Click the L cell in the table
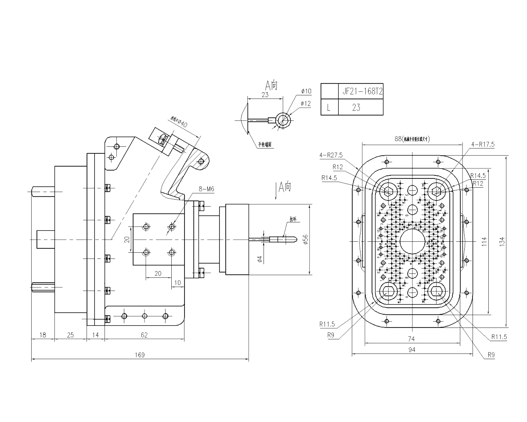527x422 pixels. tap(328, 107)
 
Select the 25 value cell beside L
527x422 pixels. tap(356, 107)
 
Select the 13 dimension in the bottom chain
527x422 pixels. tap(43, 335)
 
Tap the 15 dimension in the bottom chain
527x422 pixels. tap(96, 335)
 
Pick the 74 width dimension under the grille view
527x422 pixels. tap(411, 339)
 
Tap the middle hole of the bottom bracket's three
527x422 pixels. tap(144, 316)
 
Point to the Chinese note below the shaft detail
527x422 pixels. tap(263, 143)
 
